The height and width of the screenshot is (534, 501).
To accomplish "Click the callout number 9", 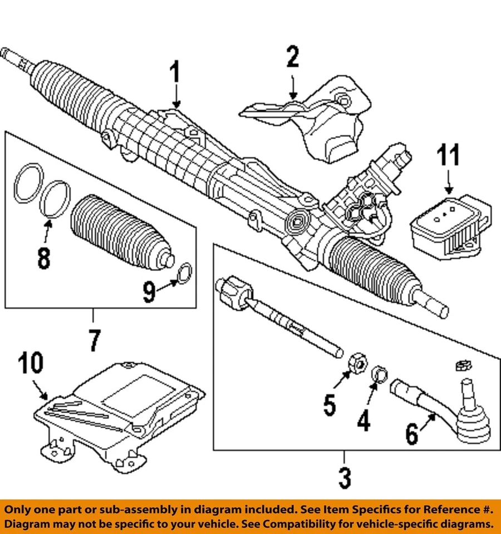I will (149, 291).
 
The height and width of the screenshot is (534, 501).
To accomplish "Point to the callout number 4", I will (363, 421).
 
